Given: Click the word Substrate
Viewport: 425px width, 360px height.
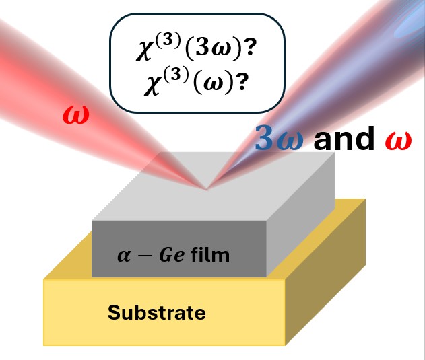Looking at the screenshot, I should coord(157,313).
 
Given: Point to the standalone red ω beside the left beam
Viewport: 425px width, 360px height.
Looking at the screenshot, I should coord(73,115).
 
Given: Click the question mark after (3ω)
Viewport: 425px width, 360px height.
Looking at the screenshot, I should coord(257,52).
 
